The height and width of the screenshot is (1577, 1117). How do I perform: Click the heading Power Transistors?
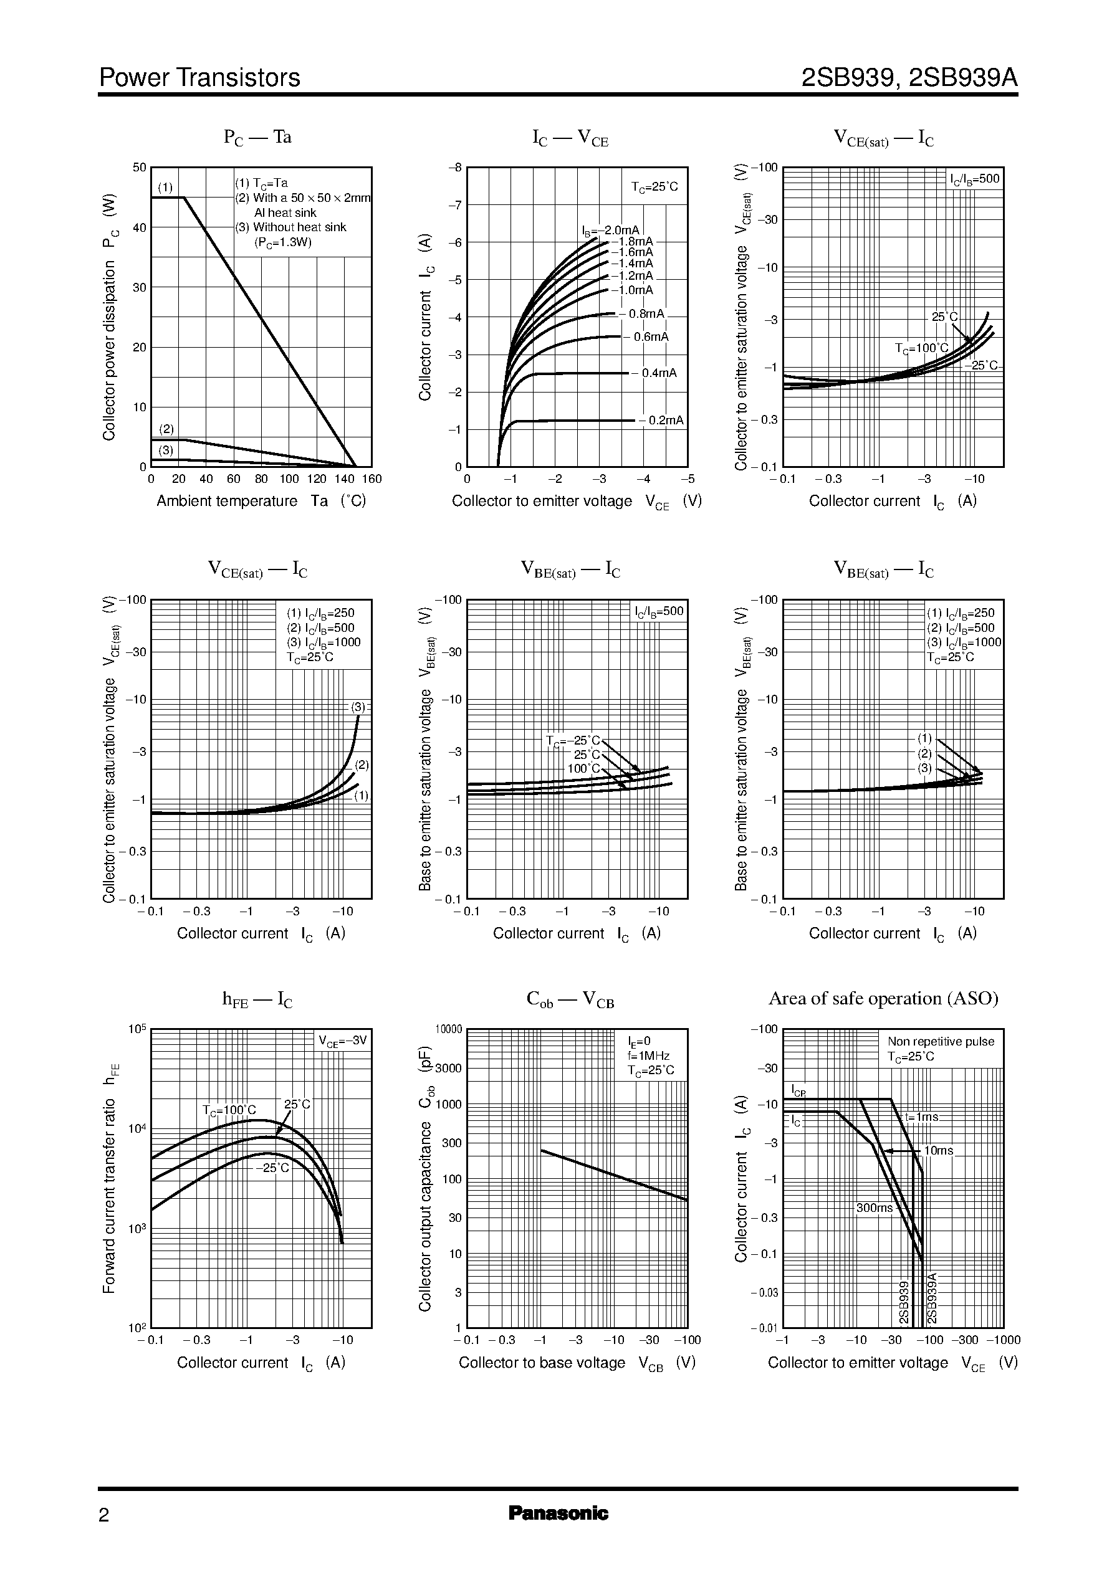[199, 78]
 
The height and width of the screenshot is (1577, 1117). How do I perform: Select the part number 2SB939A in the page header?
[963, 78]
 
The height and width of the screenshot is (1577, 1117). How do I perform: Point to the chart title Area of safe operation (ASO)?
[883, 998]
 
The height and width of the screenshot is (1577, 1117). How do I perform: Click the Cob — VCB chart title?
[570, 999]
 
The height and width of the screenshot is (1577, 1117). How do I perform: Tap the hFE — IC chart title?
[257, 999]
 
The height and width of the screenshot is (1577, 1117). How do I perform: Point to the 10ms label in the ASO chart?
[938, 1151]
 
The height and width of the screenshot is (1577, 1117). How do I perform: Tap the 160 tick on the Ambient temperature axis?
[372, 479]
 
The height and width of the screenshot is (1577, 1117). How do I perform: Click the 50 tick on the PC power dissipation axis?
[140, 168]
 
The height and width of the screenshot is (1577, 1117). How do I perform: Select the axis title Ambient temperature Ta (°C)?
[261, 501]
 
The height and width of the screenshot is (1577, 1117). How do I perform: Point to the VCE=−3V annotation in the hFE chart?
[343, 1041]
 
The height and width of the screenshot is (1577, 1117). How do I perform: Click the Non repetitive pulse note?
[940, 1042]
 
